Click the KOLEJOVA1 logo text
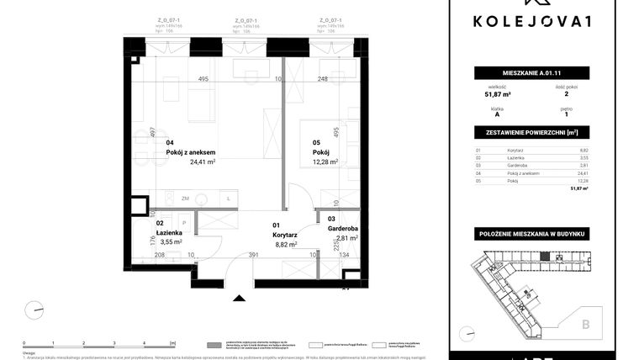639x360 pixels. pyautogui.click(x=543, y=22)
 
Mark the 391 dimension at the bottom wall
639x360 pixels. pyautogui.click(x=253, y=255)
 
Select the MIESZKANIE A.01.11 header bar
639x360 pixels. pyautogui.click(x=543, y=73)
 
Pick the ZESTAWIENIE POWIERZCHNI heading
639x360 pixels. pyautogui.click(x=543, y=133)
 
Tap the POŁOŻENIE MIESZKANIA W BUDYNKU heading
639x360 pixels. pyautogui.click(x=543, y=233)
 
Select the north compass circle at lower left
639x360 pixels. pyautogui.click(x=34, y=310)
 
